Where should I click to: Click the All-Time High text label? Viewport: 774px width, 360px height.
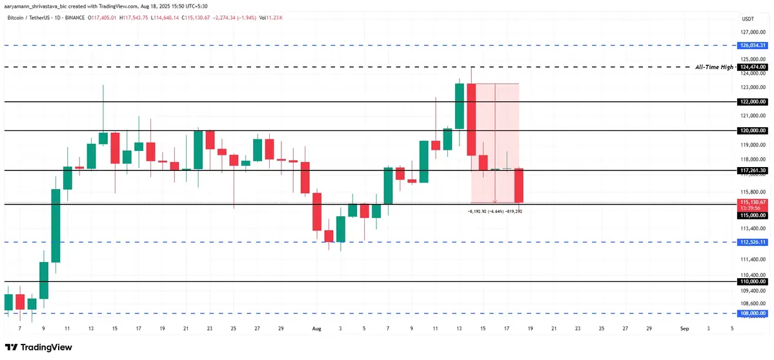(x=714, y=67)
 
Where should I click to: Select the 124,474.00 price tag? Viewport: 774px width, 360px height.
(x=752, y=67)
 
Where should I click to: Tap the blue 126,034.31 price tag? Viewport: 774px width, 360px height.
(x=752, y=45)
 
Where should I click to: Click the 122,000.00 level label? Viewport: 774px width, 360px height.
(x=752, y=102)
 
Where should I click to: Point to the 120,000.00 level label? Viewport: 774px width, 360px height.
(x=752, y=130)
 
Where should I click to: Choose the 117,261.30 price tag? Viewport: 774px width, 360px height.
(x=752, y=170)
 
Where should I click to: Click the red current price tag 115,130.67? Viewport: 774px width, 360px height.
(x=752, y=202)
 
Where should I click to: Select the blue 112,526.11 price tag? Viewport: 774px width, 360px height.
(x=752, y=242)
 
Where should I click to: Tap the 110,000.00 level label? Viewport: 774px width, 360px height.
(x=752, y=282)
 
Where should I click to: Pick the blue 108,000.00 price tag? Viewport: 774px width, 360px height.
(x=752, y=314)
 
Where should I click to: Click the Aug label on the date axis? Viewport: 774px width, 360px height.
(x=316, y=328)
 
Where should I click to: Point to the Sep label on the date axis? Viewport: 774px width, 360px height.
(x=684, y=328)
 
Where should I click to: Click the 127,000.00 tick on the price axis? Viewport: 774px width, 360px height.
(x=752, y=32)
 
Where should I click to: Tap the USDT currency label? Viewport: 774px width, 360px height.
(x=749, y=19)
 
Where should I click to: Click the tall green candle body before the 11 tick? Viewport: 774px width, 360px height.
(x=56, y=226)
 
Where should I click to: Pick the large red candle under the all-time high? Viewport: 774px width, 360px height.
(x=472, y=119)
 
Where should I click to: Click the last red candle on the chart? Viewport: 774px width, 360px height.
(x=518, y=186)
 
